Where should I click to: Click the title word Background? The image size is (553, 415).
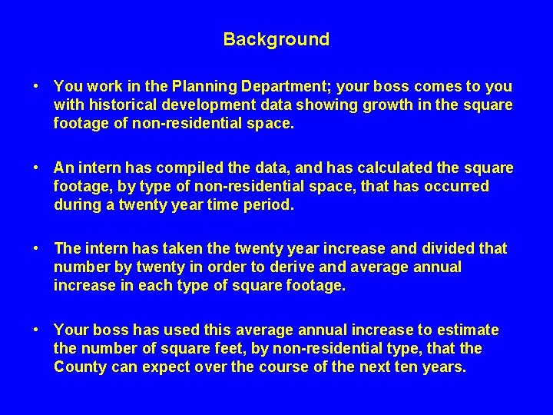276,39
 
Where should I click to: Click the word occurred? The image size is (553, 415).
460,186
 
